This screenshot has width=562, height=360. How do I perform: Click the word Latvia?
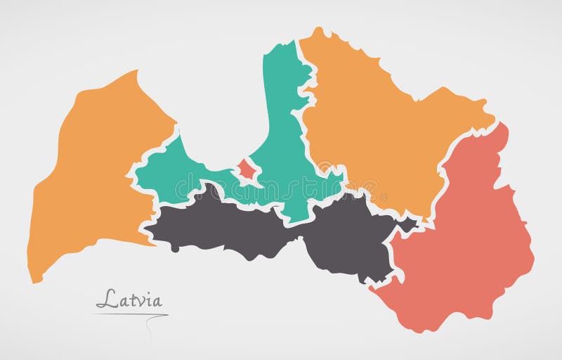(x=129, y=300)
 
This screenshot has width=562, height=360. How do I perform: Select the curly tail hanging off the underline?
(x=150, y=327)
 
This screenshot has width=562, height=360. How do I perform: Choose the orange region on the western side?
(x=91, y=176)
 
